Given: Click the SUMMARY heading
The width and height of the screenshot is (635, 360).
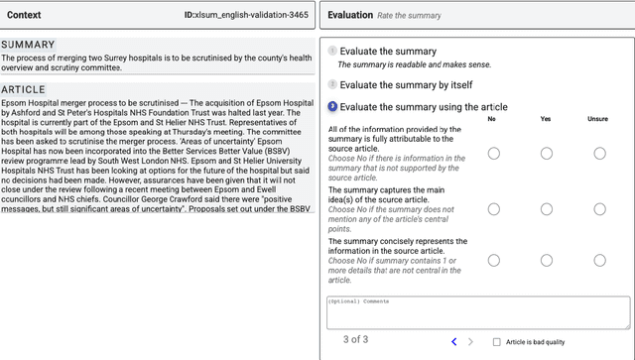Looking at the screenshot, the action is point(28,46).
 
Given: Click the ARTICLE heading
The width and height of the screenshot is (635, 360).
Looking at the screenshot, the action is point(24,89).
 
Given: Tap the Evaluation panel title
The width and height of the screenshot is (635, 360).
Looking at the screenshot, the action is point(350,16).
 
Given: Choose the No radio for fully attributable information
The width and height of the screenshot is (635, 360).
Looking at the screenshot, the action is point(493,153).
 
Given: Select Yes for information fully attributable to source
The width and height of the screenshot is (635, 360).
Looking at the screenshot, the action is point(546,153).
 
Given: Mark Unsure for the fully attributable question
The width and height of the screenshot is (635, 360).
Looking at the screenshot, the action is point(599,153).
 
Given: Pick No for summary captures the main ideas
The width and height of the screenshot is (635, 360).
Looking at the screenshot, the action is point(493,208).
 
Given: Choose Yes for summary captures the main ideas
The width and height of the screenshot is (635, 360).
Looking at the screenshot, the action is point(546,208).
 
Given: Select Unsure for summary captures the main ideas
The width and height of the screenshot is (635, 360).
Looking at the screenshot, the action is point(599,208).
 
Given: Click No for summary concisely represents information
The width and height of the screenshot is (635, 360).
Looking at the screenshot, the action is point(493,260).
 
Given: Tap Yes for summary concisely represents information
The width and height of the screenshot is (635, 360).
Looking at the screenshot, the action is point(546,260).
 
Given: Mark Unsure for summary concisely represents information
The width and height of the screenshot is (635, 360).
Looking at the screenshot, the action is point(599,260).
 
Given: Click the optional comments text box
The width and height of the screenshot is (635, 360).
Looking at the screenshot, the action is point(478,312).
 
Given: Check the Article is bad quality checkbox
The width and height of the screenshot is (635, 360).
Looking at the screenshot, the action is point(497,342).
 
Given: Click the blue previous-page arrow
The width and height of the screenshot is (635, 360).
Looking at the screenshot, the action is point(454,342).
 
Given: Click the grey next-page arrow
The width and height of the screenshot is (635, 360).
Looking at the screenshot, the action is point(470,342).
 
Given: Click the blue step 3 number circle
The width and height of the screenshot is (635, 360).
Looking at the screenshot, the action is point(332,107).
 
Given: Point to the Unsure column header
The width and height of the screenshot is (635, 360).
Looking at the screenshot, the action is point(598,119).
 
